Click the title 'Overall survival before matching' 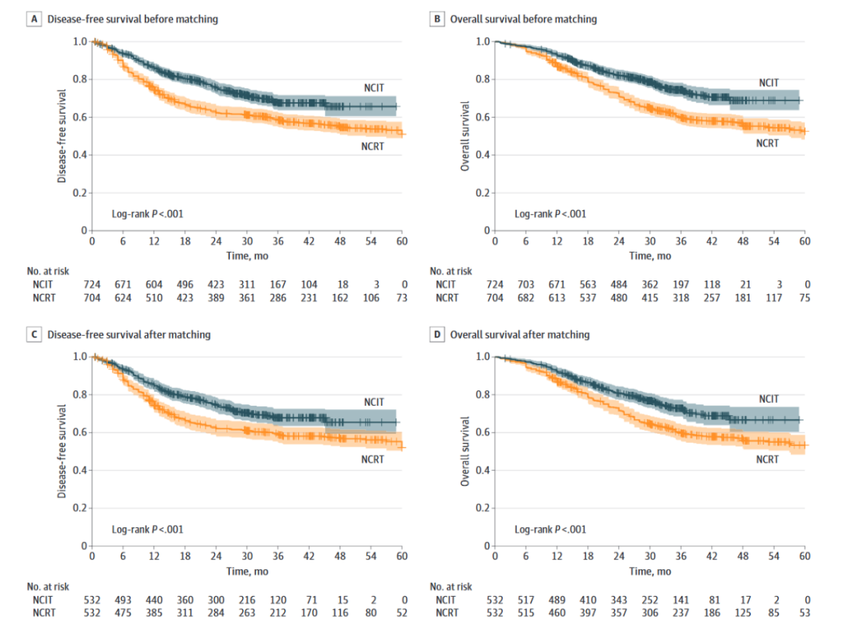[523, 20]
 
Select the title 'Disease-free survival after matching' [129, 334]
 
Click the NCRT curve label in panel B [767, 143]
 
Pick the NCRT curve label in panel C [373, 459]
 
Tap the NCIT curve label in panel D [768, 399]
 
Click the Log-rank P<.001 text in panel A [148, 214]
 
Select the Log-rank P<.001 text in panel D [550, 529]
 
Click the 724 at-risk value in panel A [92, 285]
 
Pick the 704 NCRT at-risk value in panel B [495, 297]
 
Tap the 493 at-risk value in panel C [123, 599]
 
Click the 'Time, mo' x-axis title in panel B [650, 256]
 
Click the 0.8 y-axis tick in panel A [79, 79]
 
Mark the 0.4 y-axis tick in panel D [482, 470]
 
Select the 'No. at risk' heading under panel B [451, 271]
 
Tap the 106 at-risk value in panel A [372, 297]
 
